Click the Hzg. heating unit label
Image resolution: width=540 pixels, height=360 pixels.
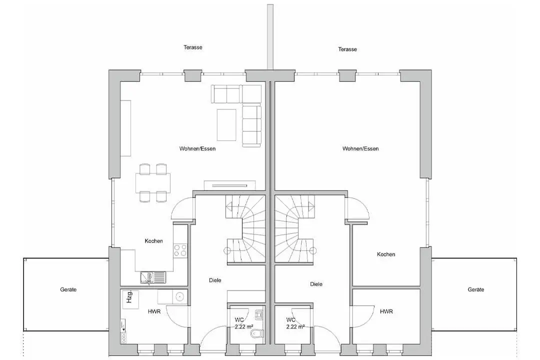tap(129, 297)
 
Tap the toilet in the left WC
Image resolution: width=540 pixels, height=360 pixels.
tap(257, 333)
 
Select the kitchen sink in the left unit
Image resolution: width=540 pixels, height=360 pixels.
tap(153, 277)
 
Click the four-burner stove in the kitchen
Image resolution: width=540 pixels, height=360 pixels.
tap(180, 250)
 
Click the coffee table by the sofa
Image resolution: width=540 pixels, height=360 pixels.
tap(226, 124)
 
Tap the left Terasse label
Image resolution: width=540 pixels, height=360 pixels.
tap(193, 47)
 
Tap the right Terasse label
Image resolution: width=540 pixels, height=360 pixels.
tap(347, 49)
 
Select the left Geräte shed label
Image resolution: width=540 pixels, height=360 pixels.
tap(68, 289)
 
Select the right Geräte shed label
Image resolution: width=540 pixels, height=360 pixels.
tap(476, 289)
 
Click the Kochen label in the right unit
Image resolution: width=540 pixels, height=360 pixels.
tap(386, 254)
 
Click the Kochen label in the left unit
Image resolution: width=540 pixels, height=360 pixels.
tap(153, 241)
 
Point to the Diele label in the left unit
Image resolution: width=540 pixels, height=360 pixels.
tap(215, 280)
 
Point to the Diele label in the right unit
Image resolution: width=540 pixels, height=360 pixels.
tap(316, 284)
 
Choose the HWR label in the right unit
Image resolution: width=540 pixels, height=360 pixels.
tap(386, 311)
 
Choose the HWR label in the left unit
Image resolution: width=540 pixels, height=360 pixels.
tap(154, 311)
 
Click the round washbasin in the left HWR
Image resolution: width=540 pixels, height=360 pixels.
tap(179, 296)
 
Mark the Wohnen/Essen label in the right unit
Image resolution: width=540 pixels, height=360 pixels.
tap(360, 149)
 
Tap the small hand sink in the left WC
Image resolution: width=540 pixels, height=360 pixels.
tap(259, 314)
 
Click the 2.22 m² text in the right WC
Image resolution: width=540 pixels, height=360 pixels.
tap(295, 326)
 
